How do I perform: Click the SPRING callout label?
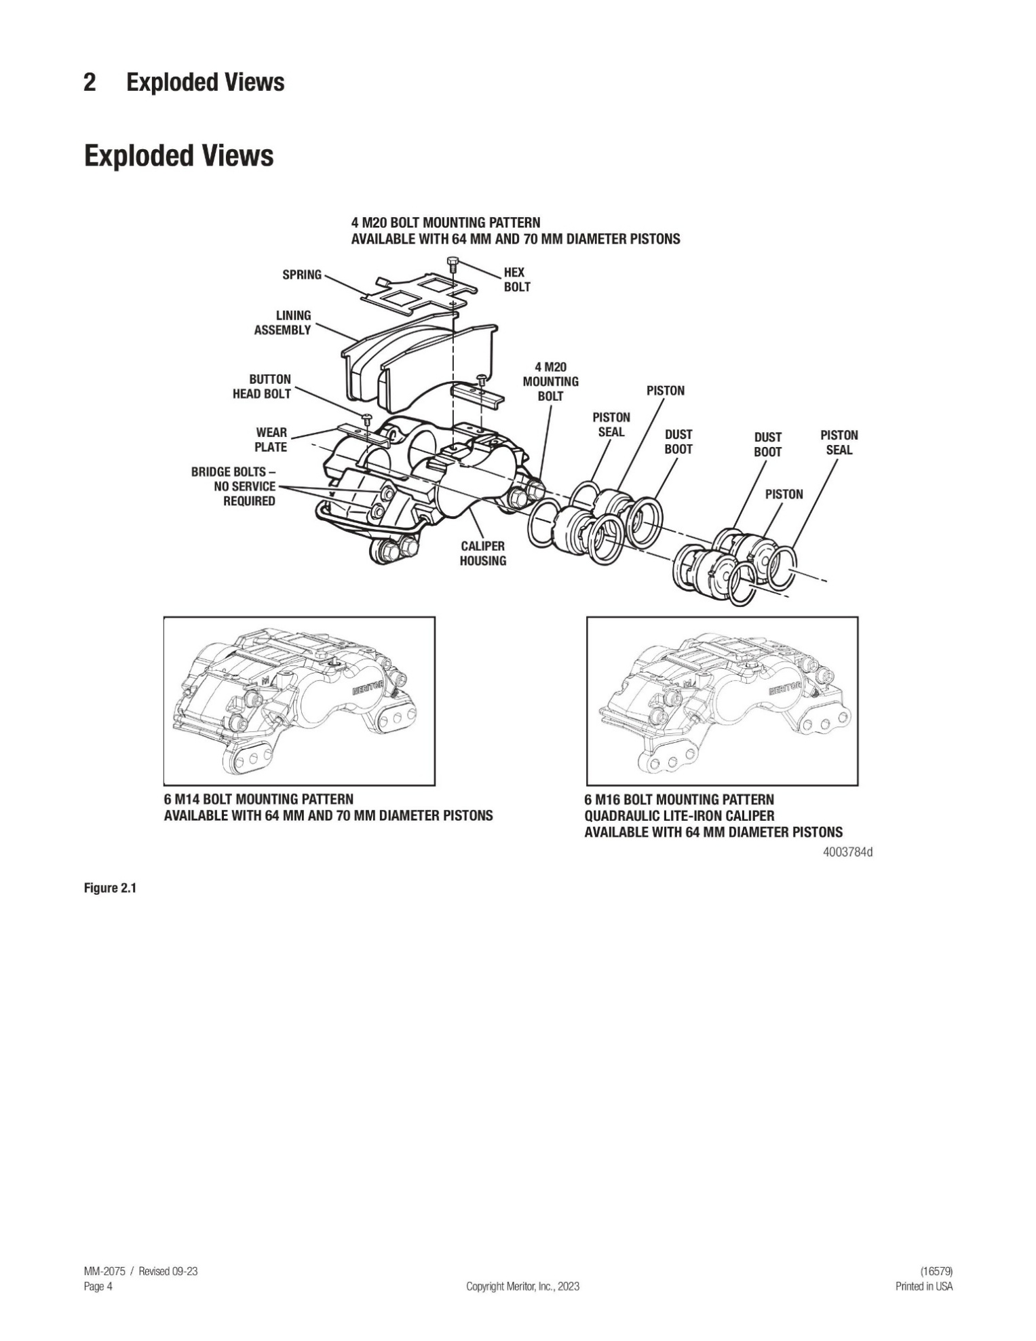[301, 275]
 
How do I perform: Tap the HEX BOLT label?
[516, 279]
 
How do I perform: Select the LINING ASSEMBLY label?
[282, 323]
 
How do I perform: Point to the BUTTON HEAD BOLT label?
[262, 387]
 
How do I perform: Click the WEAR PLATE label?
[271, 440]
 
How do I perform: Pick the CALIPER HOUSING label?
[482, 553]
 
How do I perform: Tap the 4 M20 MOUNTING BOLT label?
[550, 381]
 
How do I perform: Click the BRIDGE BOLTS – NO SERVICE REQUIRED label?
[234, 486]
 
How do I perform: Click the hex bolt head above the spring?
[452, 261]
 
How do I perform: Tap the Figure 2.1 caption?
[110, 889]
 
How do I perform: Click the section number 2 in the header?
[90, 83]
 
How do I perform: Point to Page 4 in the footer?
[98, 1287]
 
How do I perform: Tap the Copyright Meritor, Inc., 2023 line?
[522, 1287]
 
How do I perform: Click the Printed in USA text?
[923, 1287]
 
